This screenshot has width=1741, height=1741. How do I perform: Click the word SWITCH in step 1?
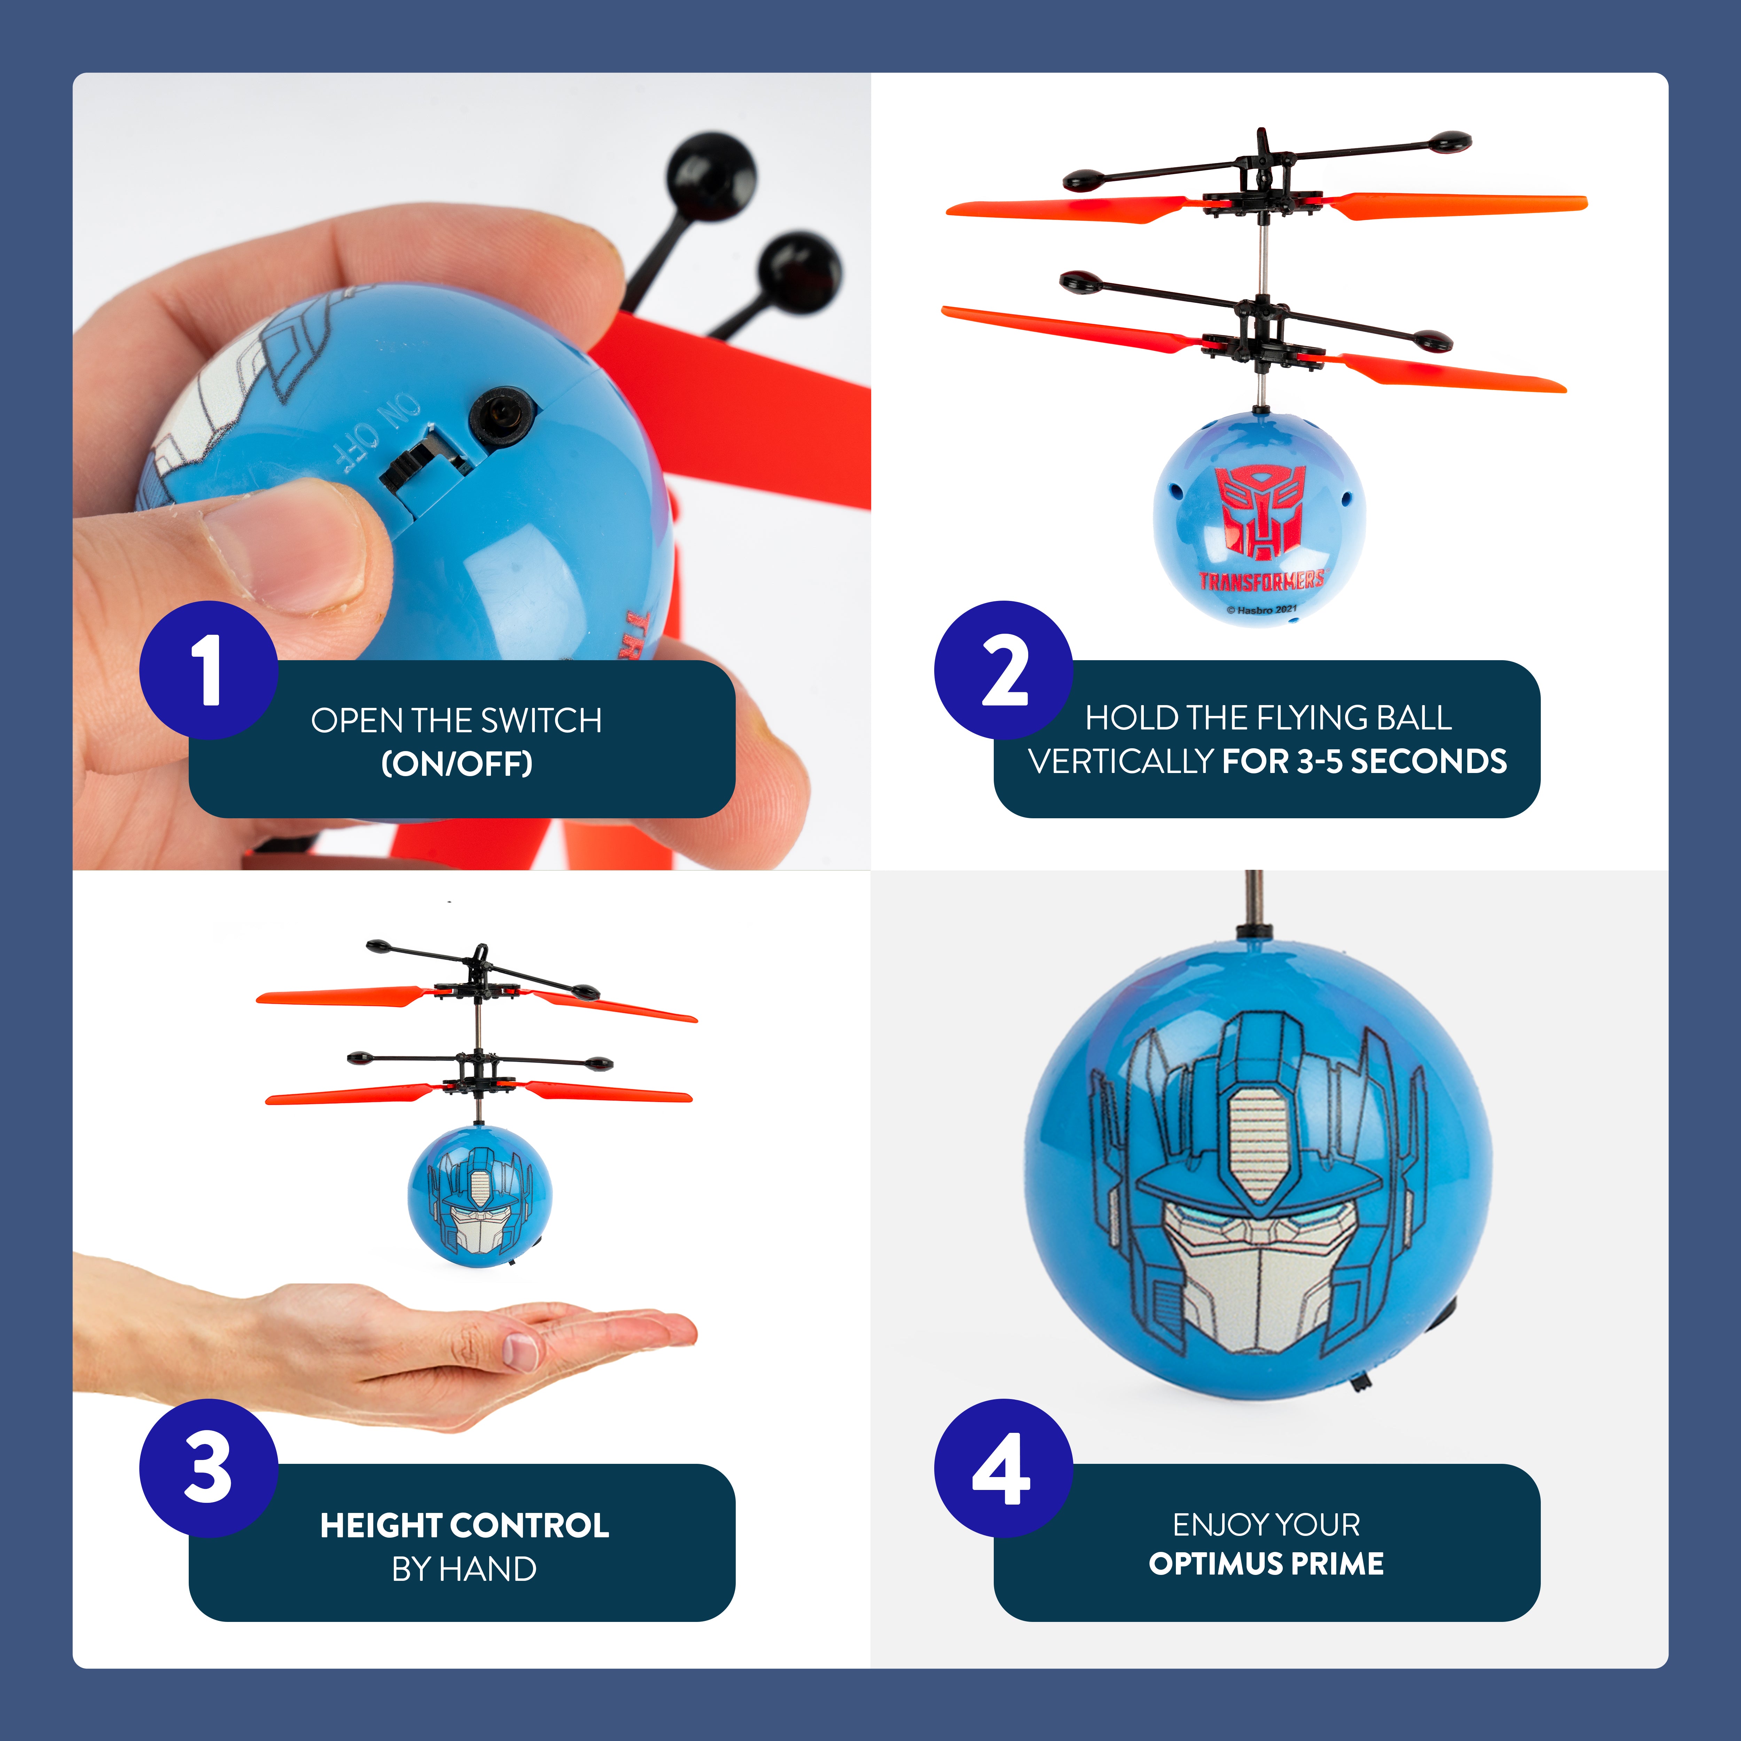coord(541,721)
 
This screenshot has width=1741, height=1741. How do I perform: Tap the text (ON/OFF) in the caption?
coord(457,764)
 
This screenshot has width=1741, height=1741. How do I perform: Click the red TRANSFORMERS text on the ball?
coord(1262,579)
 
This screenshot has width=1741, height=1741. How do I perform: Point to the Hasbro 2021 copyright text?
coord(1262,610)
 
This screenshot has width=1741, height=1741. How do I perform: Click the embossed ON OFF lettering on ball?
coord(377,431)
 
